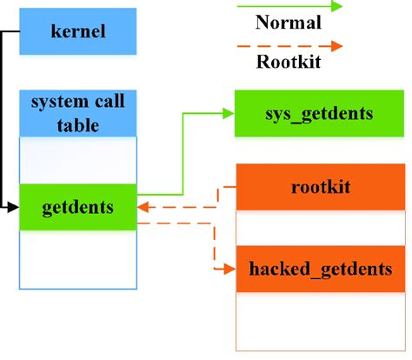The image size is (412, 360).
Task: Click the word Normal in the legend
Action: (289, 23)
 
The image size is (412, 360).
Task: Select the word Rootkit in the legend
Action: (289, 61)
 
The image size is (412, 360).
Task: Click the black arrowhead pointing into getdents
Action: (14, 208)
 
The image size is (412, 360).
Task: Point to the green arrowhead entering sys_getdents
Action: (228, 114)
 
